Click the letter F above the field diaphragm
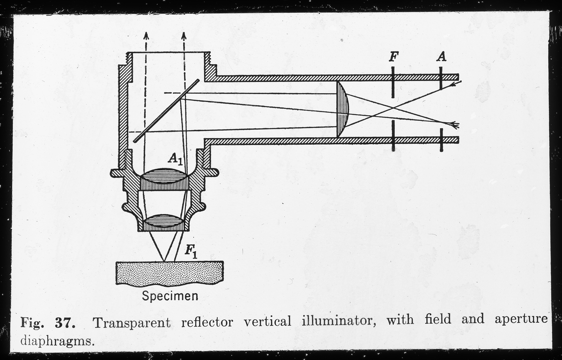(x=394, y=57)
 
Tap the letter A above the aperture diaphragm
(x=441, y=57)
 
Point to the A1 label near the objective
(x=175, y=160)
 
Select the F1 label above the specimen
(x=190, y=252)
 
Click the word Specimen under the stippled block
(x=170, y=296)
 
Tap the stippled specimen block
(x=169, y=273)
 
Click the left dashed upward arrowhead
(x=146, y=36)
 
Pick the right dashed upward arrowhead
(x=184, y=36)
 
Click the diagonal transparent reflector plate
(x=166, y=110)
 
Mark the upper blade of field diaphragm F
(x=393, y=82)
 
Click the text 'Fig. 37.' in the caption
(x=45, y=322)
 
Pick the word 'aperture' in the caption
(x=521, y=320)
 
